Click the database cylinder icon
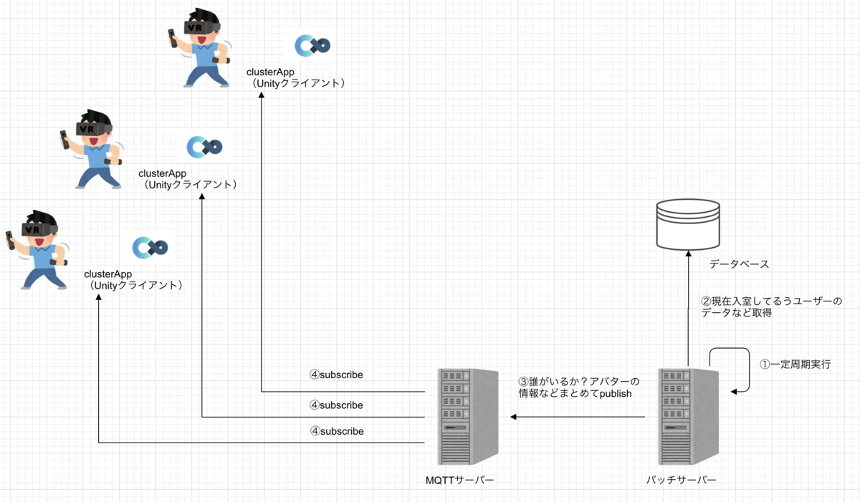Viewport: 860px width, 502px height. (x=687, y=224)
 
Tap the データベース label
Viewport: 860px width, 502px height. (x=739, y=264)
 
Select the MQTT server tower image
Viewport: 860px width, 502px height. (x=468, y=417)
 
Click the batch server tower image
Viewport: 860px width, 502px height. (x=689, y=417)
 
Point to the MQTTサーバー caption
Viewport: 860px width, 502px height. (x=459, y=479)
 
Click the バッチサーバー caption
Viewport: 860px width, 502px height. (x=681, y=479)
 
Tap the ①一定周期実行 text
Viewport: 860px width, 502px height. (x=795, y=364)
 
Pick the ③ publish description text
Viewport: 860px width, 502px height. (x=578, y=387)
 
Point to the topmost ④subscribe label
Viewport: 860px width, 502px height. (x=336, y=375)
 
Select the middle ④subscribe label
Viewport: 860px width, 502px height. (x=336, y=405)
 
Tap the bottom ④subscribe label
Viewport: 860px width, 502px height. (x=336, y=431)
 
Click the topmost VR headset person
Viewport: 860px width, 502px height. (x=200, y=47)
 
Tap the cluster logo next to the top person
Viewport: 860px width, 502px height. (x=312, y=46)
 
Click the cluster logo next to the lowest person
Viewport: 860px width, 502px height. (x=150, y=248)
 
